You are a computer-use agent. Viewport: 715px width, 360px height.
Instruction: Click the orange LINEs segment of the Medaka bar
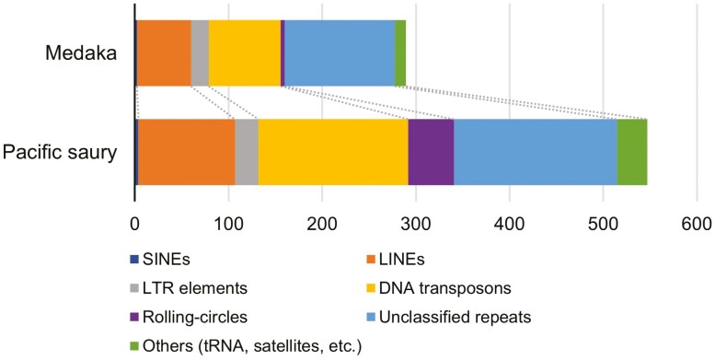(x=164, y=52)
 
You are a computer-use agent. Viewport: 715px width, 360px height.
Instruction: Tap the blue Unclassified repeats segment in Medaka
(x=340, y=52)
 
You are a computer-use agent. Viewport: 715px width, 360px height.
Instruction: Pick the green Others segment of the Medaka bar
(x=400, y=52)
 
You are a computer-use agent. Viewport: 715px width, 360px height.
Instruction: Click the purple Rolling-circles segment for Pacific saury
(x=431, y=152)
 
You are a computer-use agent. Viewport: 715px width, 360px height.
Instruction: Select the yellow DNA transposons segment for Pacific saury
(x=333, y=152)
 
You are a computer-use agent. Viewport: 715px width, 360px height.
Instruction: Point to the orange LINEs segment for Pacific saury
(x=187, y=152)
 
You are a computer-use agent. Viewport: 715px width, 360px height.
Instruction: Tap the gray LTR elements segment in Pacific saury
(x=247, y=152)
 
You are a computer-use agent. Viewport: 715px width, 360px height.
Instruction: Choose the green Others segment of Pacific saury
(x=632, y=152)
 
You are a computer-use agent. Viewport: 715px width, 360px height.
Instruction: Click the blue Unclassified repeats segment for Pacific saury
(x=536, y=152)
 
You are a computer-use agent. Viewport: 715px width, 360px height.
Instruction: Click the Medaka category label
(x=81, y=53)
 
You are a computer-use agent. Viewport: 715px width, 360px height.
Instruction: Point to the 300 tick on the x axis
(x=415, y=223)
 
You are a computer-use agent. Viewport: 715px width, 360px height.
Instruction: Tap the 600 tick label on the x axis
(x=696, y=223)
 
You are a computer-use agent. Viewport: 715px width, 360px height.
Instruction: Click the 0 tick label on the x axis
(x=135, y=223)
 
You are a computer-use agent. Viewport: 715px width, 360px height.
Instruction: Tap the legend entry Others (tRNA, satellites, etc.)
(x=251, y=346)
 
